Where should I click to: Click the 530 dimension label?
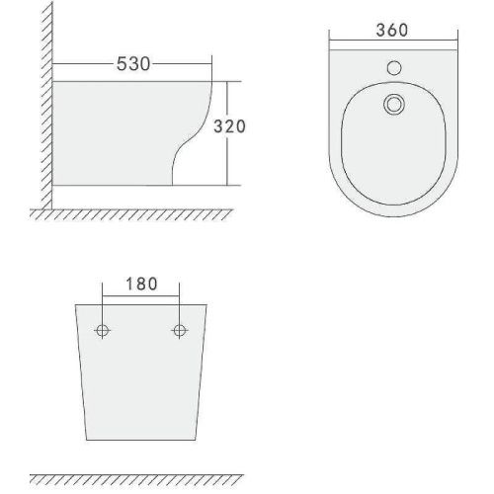click(x=134, y=65)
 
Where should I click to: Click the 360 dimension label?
click(x=393, y=31)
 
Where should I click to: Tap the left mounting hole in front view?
click(x=102, y=330)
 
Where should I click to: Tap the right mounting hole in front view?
click(x=179, y=330)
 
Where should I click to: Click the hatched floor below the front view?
click(x=138, y=479)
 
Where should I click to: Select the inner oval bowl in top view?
click(x=393, y=148)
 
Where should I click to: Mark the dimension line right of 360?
click(x=440, y=41)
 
